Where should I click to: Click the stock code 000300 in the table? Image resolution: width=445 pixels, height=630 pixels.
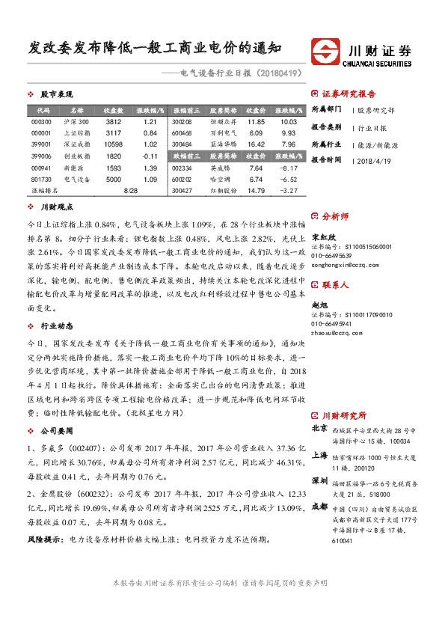tap(42, 121)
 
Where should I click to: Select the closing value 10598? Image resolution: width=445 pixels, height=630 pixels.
tap(114, 144)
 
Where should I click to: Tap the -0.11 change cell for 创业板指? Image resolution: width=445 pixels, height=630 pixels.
tap(150, 156)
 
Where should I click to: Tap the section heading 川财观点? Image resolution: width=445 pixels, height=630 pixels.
tap(55, 206)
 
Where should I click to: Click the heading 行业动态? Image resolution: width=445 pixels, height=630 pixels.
tap(55, 326)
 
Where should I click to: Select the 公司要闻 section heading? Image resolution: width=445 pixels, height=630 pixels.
tap(55, 432)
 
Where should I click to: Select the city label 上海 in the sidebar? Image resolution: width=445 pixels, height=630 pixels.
tap(319, 454)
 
